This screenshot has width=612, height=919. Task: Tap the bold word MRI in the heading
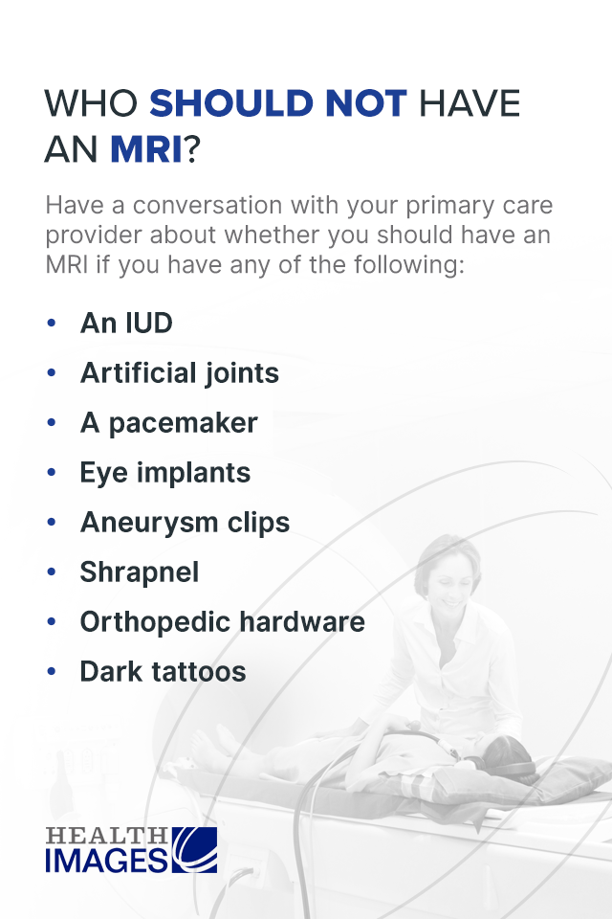(145, 149)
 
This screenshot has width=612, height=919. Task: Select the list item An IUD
(126, 324)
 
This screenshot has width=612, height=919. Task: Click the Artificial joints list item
(180, 373)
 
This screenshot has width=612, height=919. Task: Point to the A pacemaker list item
(169, 423)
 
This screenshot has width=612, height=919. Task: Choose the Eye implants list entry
(165, 473)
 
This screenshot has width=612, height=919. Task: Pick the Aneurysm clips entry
(185, 523)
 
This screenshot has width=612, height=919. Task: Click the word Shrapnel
(140, 572)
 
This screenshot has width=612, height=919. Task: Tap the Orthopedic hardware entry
(222, 622)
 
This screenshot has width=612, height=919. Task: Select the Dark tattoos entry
(163, 672)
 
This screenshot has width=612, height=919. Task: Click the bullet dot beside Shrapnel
(52, 572)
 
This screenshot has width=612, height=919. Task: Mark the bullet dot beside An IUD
(52, 324)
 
